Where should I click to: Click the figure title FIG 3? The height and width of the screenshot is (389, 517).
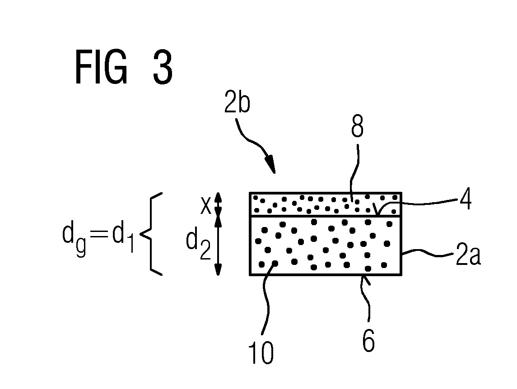(124, 67)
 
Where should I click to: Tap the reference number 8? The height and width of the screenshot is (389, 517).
(358, 126)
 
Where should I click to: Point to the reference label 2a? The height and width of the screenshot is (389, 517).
(468, 253)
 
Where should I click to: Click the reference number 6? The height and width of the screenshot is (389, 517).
(368, 341)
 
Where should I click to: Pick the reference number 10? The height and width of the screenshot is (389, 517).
(261, 352)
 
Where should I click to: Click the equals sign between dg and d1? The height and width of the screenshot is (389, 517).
(99, 234)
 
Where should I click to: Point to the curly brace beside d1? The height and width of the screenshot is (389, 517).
(151, 234)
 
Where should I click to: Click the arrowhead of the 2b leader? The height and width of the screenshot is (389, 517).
(271, 165)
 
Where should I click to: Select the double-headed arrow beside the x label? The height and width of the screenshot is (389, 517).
(218, 204)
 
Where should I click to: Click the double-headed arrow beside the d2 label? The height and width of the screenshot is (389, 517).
(218, 245)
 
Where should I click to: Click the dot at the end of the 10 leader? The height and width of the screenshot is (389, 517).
(275, 264)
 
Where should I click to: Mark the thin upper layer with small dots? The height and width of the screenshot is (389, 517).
(326, 204)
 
